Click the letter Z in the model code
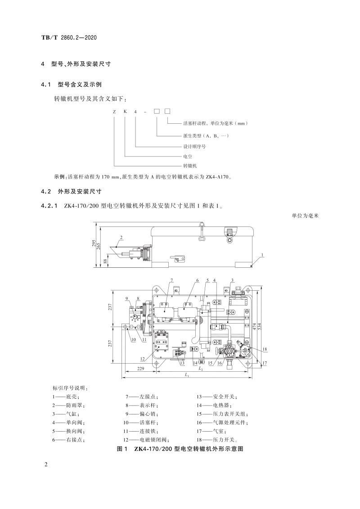114,111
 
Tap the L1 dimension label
187,375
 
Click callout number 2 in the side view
121,237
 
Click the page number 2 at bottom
46,464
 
